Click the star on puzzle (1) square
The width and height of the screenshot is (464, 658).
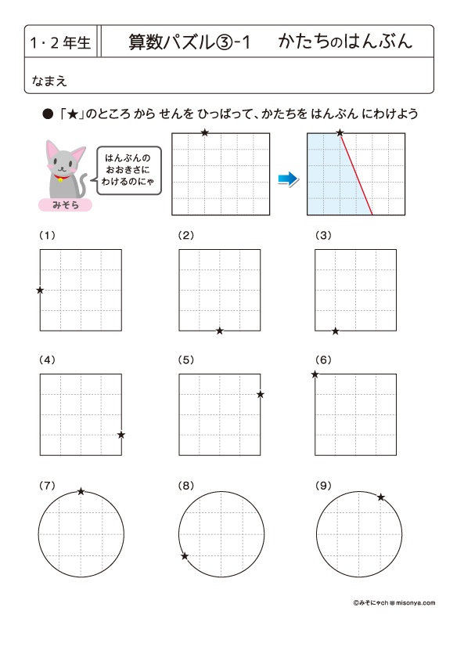pos(40,291)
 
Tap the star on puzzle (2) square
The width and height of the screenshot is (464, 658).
pos(220,331)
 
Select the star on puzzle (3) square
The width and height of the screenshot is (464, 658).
pos(336,331)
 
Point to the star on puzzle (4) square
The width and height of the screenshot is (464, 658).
pos(121,435)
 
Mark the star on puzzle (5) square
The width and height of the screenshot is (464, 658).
pos(261,394)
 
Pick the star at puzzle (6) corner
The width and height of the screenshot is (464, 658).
pos(315,375)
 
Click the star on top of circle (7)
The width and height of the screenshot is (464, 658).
pos(81,492)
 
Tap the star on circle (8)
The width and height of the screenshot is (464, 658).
pos(185,556)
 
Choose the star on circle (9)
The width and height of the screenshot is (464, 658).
pos(381,497)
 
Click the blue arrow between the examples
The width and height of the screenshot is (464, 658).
pos(288,179)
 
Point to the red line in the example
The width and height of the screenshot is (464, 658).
pos(355,174)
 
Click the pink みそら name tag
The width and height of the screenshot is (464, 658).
pos(65,205)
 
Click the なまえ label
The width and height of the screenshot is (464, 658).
pos(45,78)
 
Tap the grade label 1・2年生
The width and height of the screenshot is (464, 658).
pos(59,42)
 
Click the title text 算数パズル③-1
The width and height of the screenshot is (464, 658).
pos(189,42)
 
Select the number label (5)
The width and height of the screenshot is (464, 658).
pos(185,360)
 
